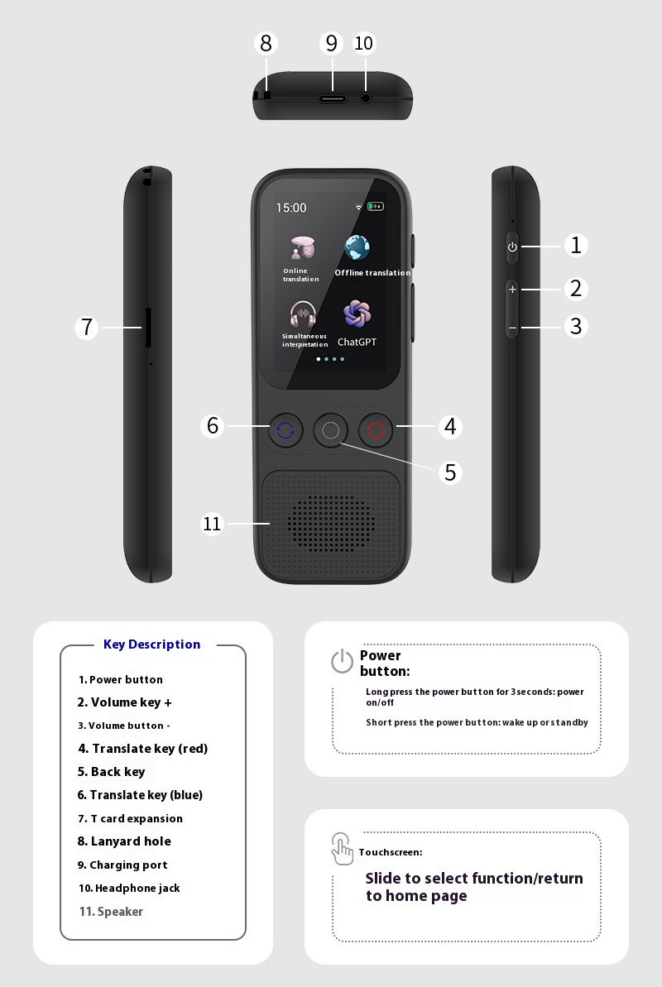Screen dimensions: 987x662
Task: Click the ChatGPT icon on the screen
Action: pos(357,314)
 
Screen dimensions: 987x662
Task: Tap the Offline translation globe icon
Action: pos(357,247)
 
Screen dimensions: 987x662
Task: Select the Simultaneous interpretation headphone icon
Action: pos(303,314)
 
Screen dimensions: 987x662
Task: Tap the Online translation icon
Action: pos(302,247)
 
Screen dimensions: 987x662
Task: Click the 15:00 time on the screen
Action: pos(291,208)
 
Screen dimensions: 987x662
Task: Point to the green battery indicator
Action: pos(376,207)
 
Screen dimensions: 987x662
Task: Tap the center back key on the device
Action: pos(330,430)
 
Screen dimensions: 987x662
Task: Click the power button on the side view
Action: pos(512,247)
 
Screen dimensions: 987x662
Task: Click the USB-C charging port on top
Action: pos(333,98)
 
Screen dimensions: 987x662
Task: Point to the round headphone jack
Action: pos(366,98)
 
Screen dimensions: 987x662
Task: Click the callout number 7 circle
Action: pos(87,328)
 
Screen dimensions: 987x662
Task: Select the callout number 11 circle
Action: pos(213,524)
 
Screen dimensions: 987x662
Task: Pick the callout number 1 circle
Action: pos(577,245)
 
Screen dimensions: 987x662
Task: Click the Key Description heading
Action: pos(151,644)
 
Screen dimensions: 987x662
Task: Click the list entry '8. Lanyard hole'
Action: pos(124,841)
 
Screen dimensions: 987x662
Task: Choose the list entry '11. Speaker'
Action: pos(111,912)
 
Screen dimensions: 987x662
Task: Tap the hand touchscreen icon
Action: pos(342,849)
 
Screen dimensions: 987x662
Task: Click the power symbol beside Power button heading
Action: pos(342,661)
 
